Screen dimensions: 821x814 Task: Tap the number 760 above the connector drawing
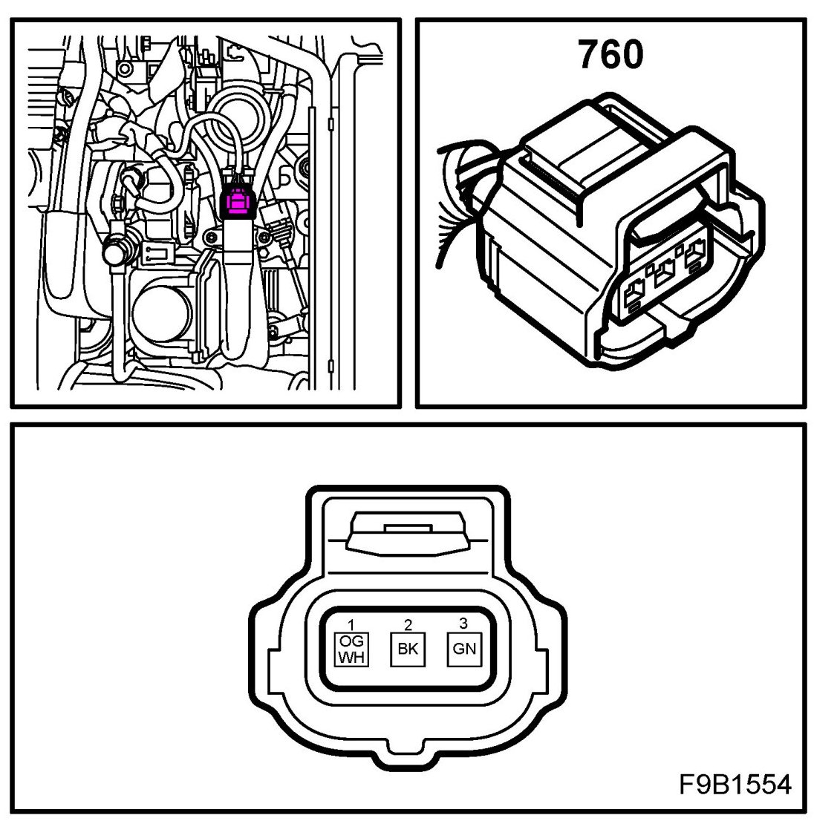(x=610, y=56)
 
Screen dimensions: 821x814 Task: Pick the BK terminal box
(x=408, y=648)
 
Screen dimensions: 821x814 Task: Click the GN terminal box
(x=464, y=648)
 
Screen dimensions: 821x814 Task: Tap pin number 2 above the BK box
(x=408, y=625)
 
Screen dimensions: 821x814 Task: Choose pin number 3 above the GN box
(x=464, y=624)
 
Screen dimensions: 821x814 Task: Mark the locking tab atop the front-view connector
(x=407, y=533)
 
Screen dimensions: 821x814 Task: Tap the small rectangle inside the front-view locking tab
(x=407, y=528)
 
